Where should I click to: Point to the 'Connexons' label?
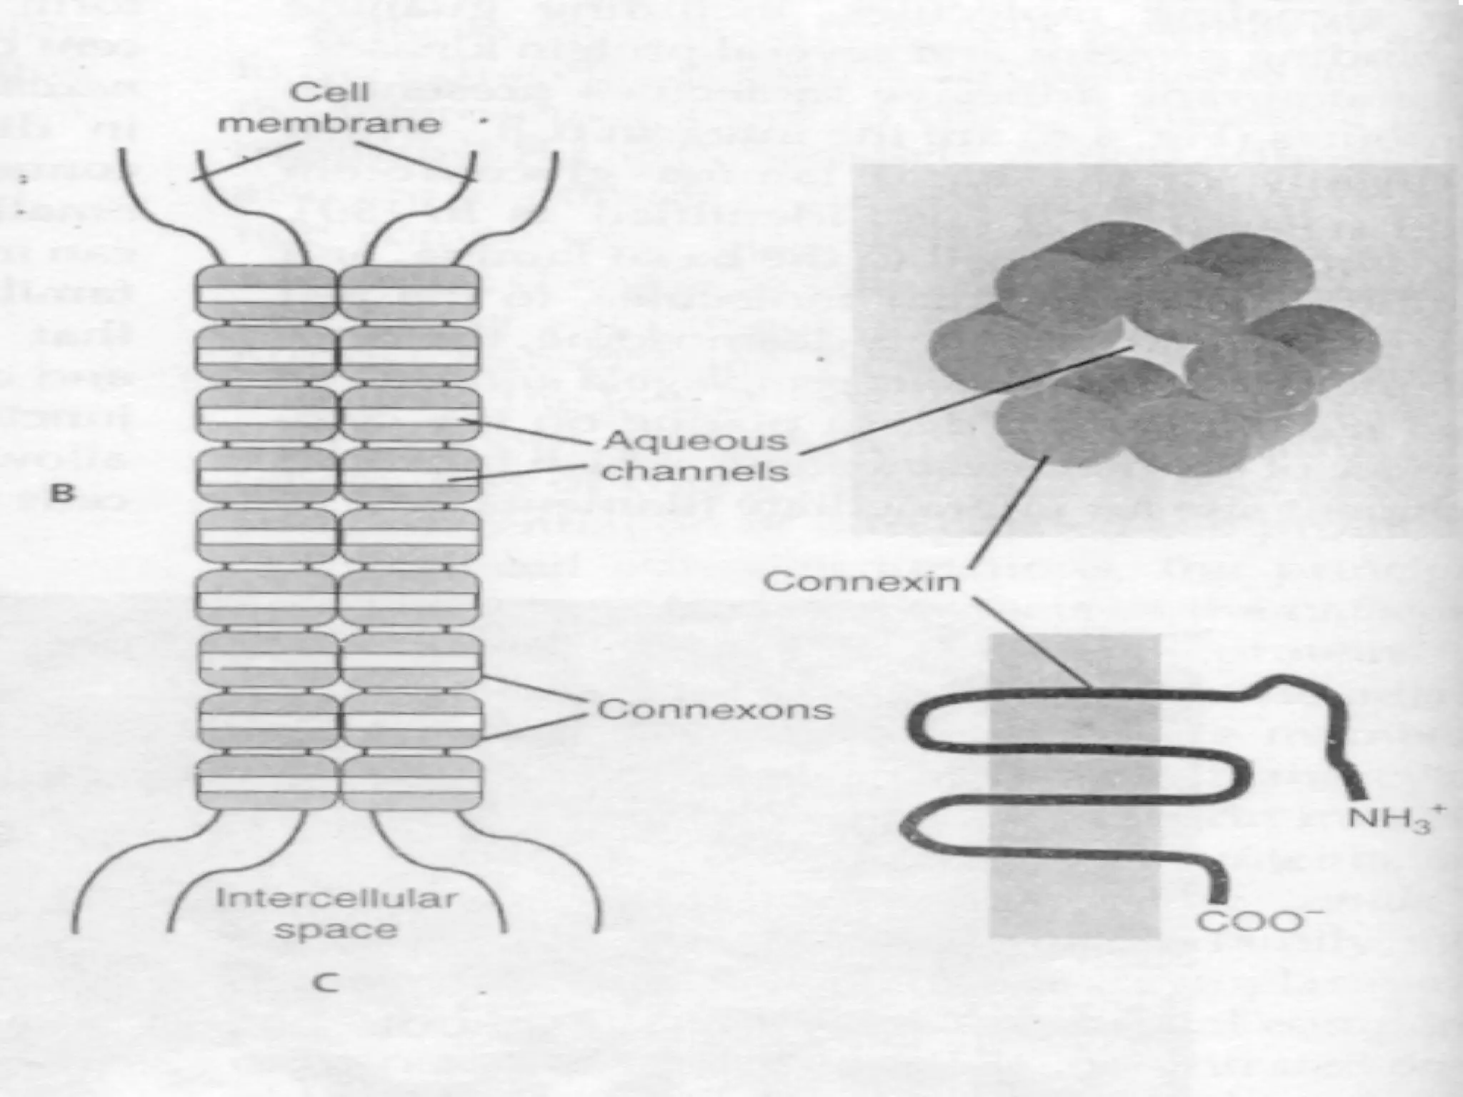point(715,710)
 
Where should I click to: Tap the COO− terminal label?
point(1259,922)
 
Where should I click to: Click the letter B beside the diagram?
point(62,493)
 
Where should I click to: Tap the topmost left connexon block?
point(266,293)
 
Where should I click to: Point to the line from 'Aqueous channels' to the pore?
point(964,400)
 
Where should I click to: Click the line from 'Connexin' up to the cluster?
point(1011,514)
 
